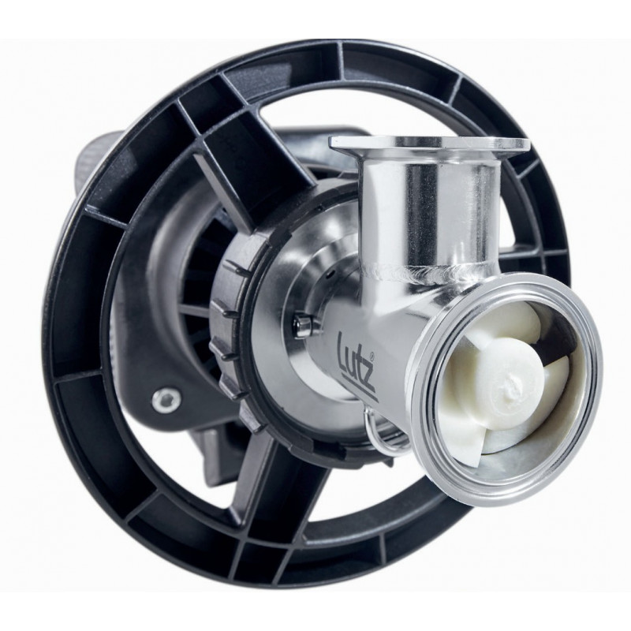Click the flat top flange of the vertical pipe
point(429,145)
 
